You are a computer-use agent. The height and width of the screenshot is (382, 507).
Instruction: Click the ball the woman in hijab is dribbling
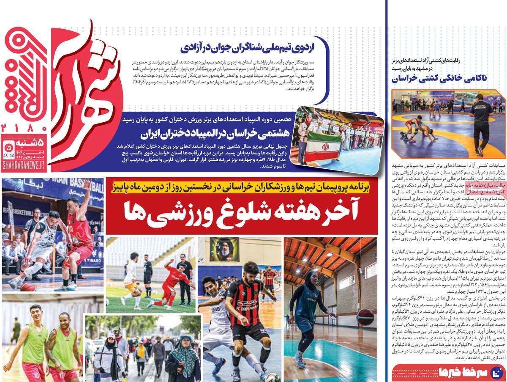(365, 317)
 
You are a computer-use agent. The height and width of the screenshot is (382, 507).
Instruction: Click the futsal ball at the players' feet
(272, 378)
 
